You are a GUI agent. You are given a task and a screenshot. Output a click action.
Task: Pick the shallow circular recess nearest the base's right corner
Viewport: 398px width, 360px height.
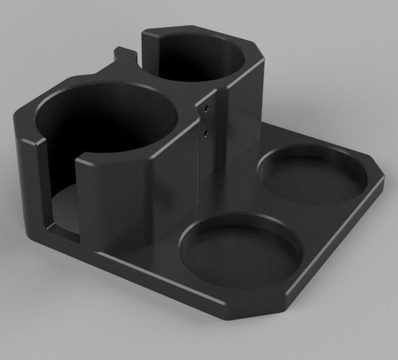pyautogui.click(x=312, y=174)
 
